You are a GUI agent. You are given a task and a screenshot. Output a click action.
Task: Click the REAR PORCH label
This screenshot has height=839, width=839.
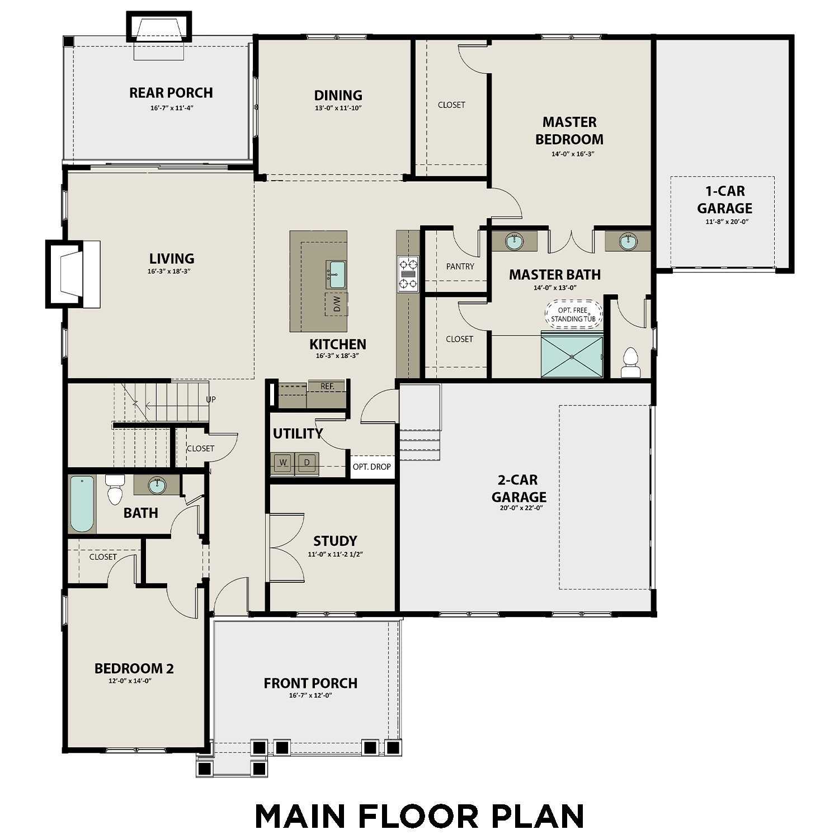click(171, 93)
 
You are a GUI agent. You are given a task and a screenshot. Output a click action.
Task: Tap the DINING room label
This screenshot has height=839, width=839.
click(338, 96)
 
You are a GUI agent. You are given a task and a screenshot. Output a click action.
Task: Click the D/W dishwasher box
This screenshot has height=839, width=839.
click(337, 304)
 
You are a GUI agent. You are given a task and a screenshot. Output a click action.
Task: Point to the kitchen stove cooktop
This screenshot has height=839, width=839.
click(408, 274)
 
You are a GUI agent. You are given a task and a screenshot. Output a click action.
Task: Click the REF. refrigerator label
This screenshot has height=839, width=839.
click(327, 386)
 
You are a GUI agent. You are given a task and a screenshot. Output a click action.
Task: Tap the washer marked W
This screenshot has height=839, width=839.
click(284, 463)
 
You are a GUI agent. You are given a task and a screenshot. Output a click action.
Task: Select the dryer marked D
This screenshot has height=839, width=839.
click(307, 463)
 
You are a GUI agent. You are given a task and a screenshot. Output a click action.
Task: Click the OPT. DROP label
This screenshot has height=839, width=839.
click(372, 467)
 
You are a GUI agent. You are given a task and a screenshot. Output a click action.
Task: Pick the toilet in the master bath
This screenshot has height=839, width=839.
click(630, 363)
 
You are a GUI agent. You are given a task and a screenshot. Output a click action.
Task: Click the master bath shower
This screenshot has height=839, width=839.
click(572, 355)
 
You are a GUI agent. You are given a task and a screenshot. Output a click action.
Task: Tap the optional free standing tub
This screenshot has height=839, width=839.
click(573, 314)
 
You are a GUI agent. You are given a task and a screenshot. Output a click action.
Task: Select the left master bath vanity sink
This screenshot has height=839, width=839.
click(514, 242)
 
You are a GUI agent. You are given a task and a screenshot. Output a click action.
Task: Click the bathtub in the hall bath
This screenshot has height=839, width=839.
click(82, 504)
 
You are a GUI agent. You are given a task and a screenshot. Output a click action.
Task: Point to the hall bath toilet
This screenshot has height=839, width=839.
click(115, 489)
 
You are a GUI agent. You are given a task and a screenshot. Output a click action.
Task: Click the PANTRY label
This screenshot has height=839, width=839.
click(460, 267)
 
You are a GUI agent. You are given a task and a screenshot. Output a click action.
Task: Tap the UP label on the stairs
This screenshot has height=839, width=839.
click(211, 399)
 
